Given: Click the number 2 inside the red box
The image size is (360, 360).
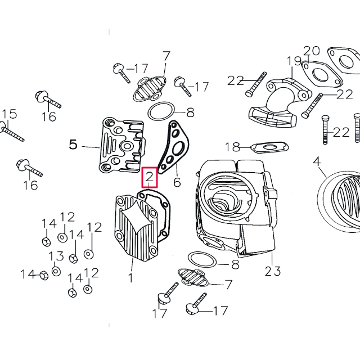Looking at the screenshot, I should [x=150, y=178].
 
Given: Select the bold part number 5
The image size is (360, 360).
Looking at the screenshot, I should [x=73, y=145].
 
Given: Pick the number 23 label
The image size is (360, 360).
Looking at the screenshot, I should [x=273, y=271].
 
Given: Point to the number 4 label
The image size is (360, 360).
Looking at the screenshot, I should [x=317, y=162].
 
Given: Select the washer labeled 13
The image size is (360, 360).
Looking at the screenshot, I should [x=56, y=271].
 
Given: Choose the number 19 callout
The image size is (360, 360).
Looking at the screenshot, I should [x=294, y=61].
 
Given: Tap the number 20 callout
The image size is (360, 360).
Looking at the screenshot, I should [x=312, y=50].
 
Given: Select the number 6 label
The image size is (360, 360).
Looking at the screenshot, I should [x=177, y=182].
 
